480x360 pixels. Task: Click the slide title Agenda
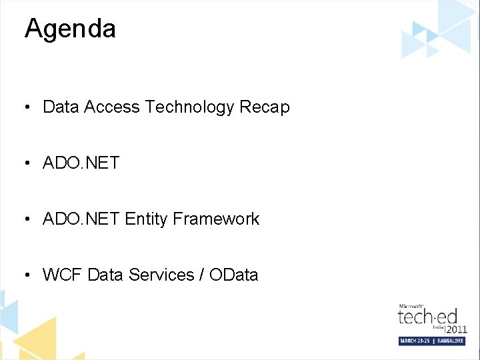[x=70, y=29]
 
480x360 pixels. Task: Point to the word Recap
[x=267, y=107]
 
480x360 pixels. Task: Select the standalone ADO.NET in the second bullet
[x=81, y=163]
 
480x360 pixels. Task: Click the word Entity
[x=146, y=219]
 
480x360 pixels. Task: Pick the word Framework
[x=216, y=219]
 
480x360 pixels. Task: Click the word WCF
[x=62, y=275]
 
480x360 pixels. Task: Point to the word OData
[x=233, y=275]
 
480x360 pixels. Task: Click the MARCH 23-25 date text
[x=415, y=341]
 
